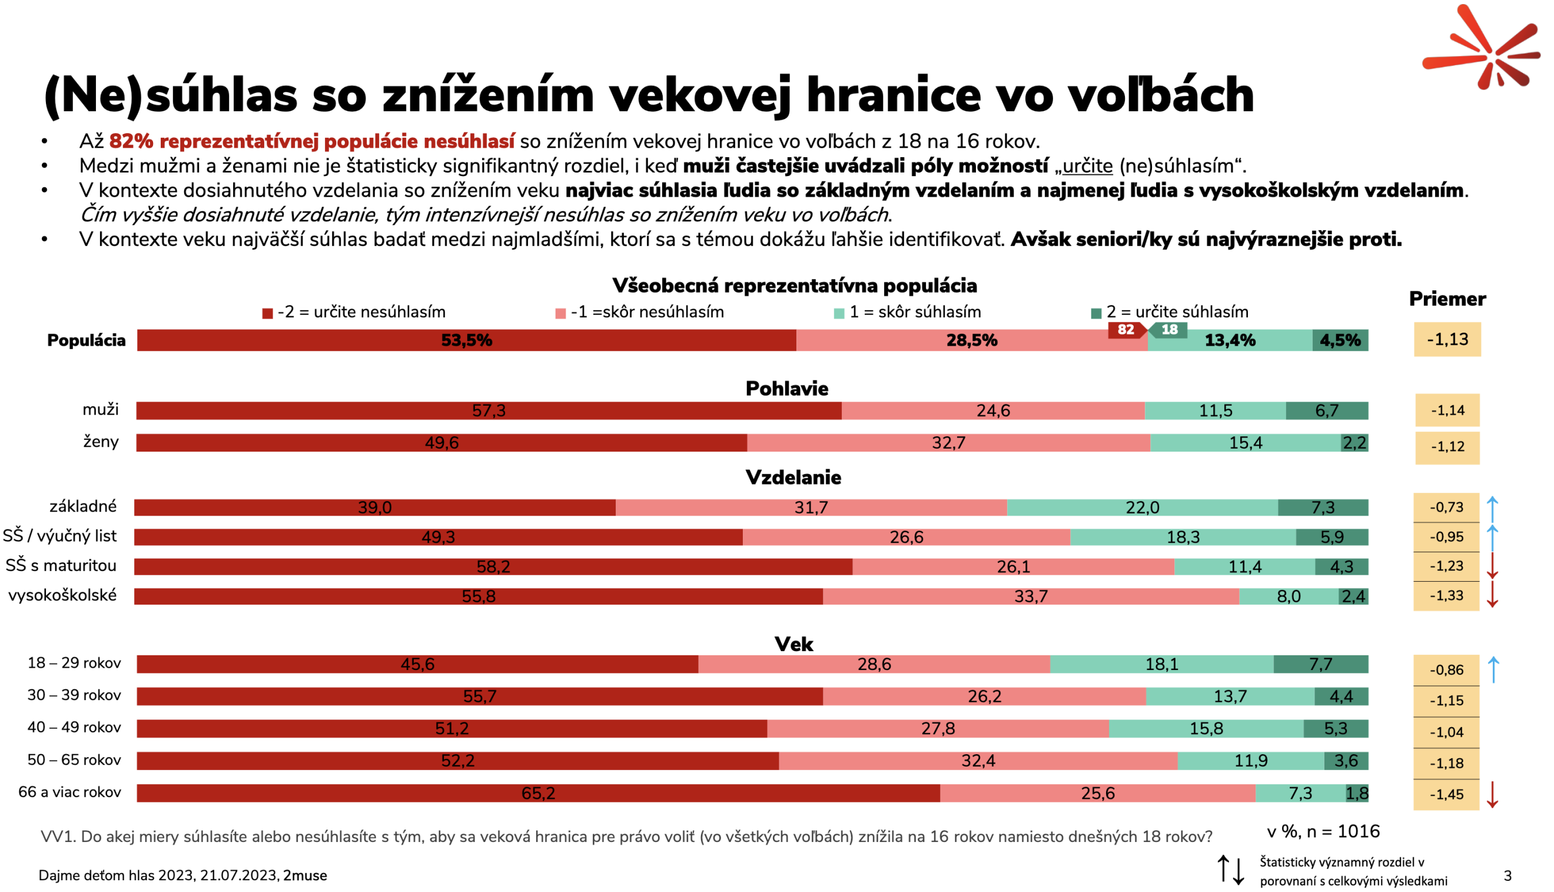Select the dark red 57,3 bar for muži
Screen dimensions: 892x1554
(489, 410)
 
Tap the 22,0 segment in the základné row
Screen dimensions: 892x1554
(1143, 508)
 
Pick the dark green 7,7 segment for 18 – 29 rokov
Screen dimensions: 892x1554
(1321, 664)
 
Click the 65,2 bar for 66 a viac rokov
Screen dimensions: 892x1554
(537, 793)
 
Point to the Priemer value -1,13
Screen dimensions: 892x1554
(1447, 339)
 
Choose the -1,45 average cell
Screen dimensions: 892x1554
(1446, 795)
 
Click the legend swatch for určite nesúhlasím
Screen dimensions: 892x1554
(268, 314)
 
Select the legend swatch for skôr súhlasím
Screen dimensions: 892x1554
(839, 314)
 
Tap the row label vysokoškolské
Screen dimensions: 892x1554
(62, 595)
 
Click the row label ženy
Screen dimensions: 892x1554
(101, 442)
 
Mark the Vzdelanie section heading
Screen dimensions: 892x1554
(793, 477)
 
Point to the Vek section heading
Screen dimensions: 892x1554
(793, 644)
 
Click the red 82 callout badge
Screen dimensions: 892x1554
(1125, 330)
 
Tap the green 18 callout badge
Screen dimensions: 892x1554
(1170, 330)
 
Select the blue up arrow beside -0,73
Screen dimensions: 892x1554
(1493, 509)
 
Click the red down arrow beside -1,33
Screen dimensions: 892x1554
(1493, 594)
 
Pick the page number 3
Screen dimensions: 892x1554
(1507, 876)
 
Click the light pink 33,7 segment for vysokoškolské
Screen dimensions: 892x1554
(1031, 596)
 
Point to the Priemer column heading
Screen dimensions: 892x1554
(1447, 299)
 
